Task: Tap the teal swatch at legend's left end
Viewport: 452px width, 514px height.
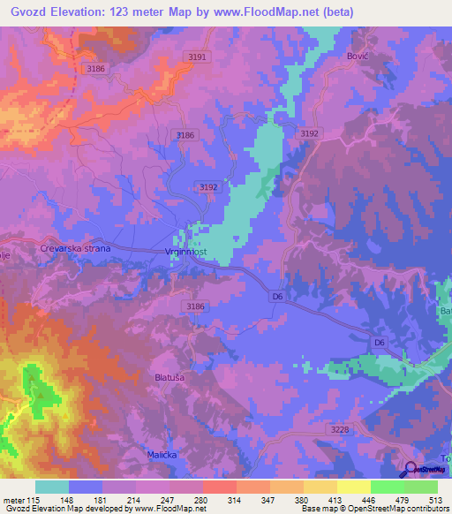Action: tap(51, 487)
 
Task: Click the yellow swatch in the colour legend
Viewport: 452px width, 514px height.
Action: tap(353, 487)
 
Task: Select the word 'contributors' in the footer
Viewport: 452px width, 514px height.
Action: tap(423, 509)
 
